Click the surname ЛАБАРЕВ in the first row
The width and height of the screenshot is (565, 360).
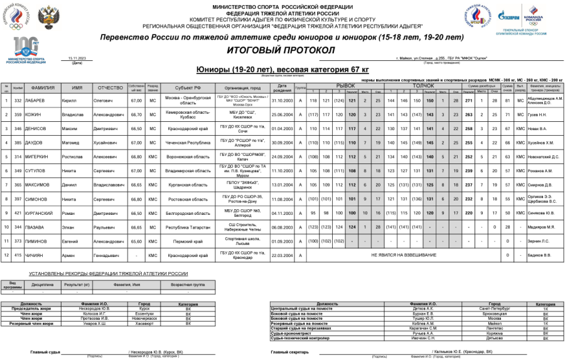point(35,101)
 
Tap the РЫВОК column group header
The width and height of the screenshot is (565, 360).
point(346,85)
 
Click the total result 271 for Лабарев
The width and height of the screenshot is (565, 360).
point(467,101)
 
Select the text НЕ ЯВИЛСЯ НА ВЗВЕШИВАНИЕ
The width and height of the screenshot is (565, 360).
point(403,255)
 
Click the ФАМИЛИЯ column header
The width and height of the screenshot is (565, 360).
point(43,88)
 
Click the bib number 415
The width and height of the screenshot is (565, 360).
point(18,255)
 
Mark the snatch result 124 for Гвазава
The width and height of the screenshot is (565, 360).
point(352,227)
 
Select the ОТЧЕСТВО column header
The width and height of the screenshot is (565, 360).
point(110,88)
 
